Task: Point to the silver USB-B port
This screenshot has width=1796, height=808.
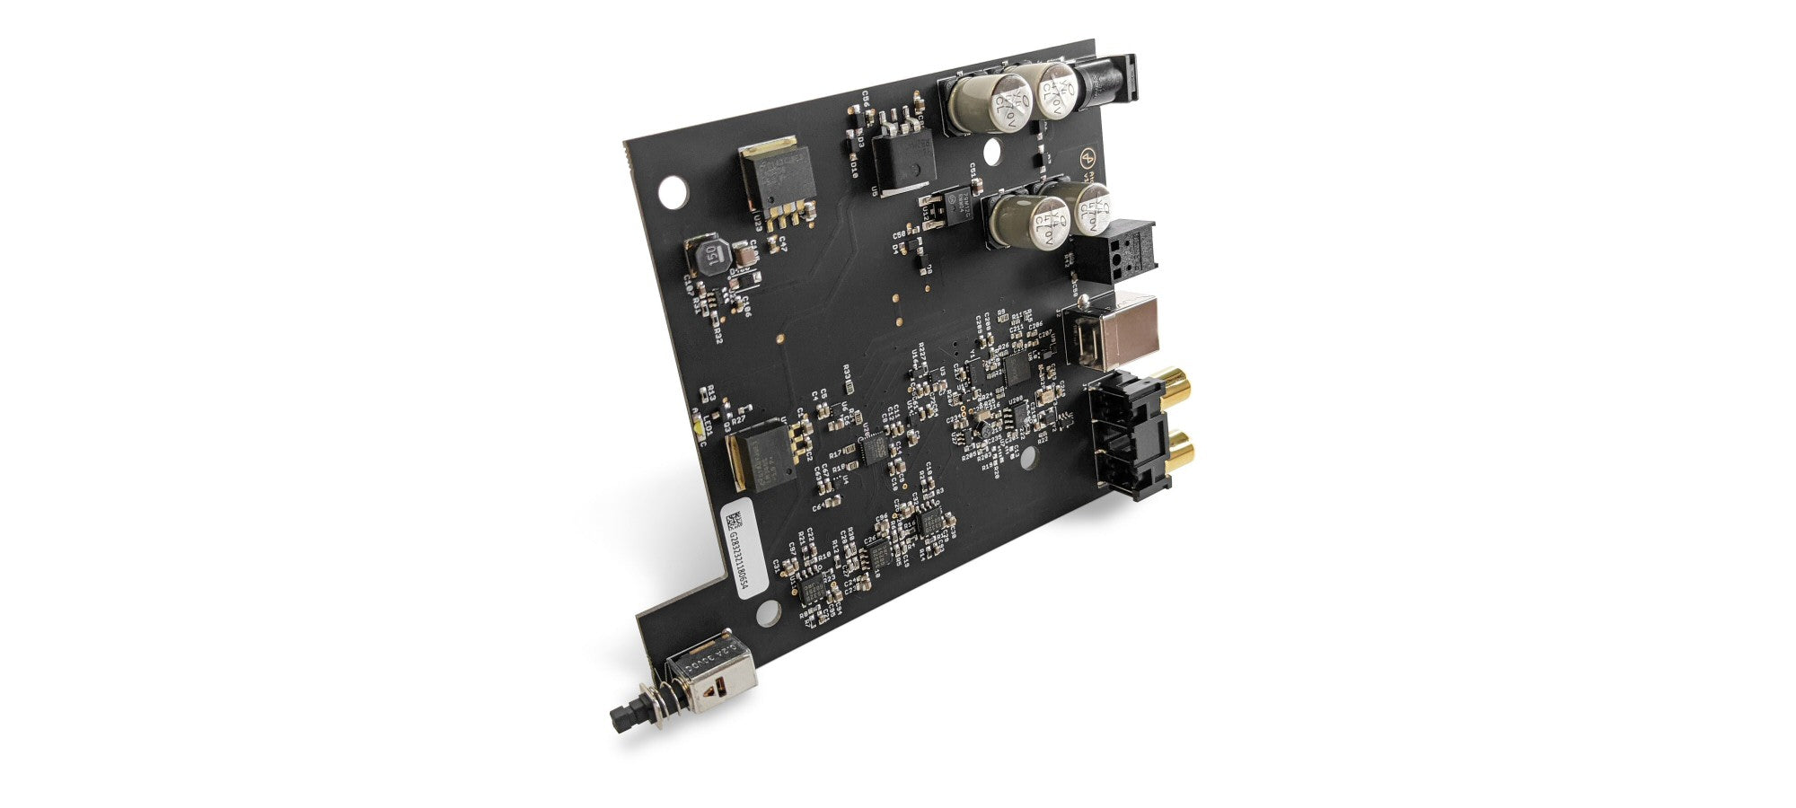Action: pyautogui.click(x=1108, y=330)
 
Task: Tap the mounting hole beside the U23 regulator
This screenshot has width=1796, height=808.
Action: pyautogui.click(x=672, y=191)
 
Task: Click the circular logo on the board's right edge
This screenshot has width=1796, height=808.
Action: pyautogui.click(x=1087, y=158)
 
